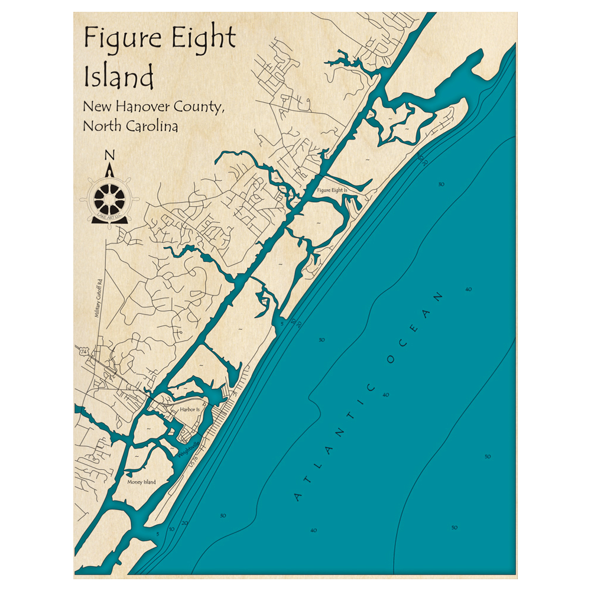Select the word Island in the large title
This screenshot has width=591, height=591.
coord(119,77)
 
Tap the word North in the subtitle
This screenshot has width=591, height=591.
coord(100,126)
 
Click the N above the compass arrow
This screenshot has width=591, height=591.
coord(109,155)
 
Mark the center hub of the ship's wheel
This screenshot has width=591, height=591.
coord(110,200)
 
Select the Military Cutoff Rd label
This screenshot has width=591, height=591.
coord(99,298)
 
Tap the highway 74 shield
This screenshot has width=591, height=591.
coord(80,352)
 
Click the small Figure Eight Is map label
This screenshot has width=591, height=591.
coord(333,190)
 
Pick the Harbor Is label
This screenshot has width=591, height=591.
coord(181,408)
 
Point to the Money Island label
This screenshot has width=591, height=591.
coord(142,482)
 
